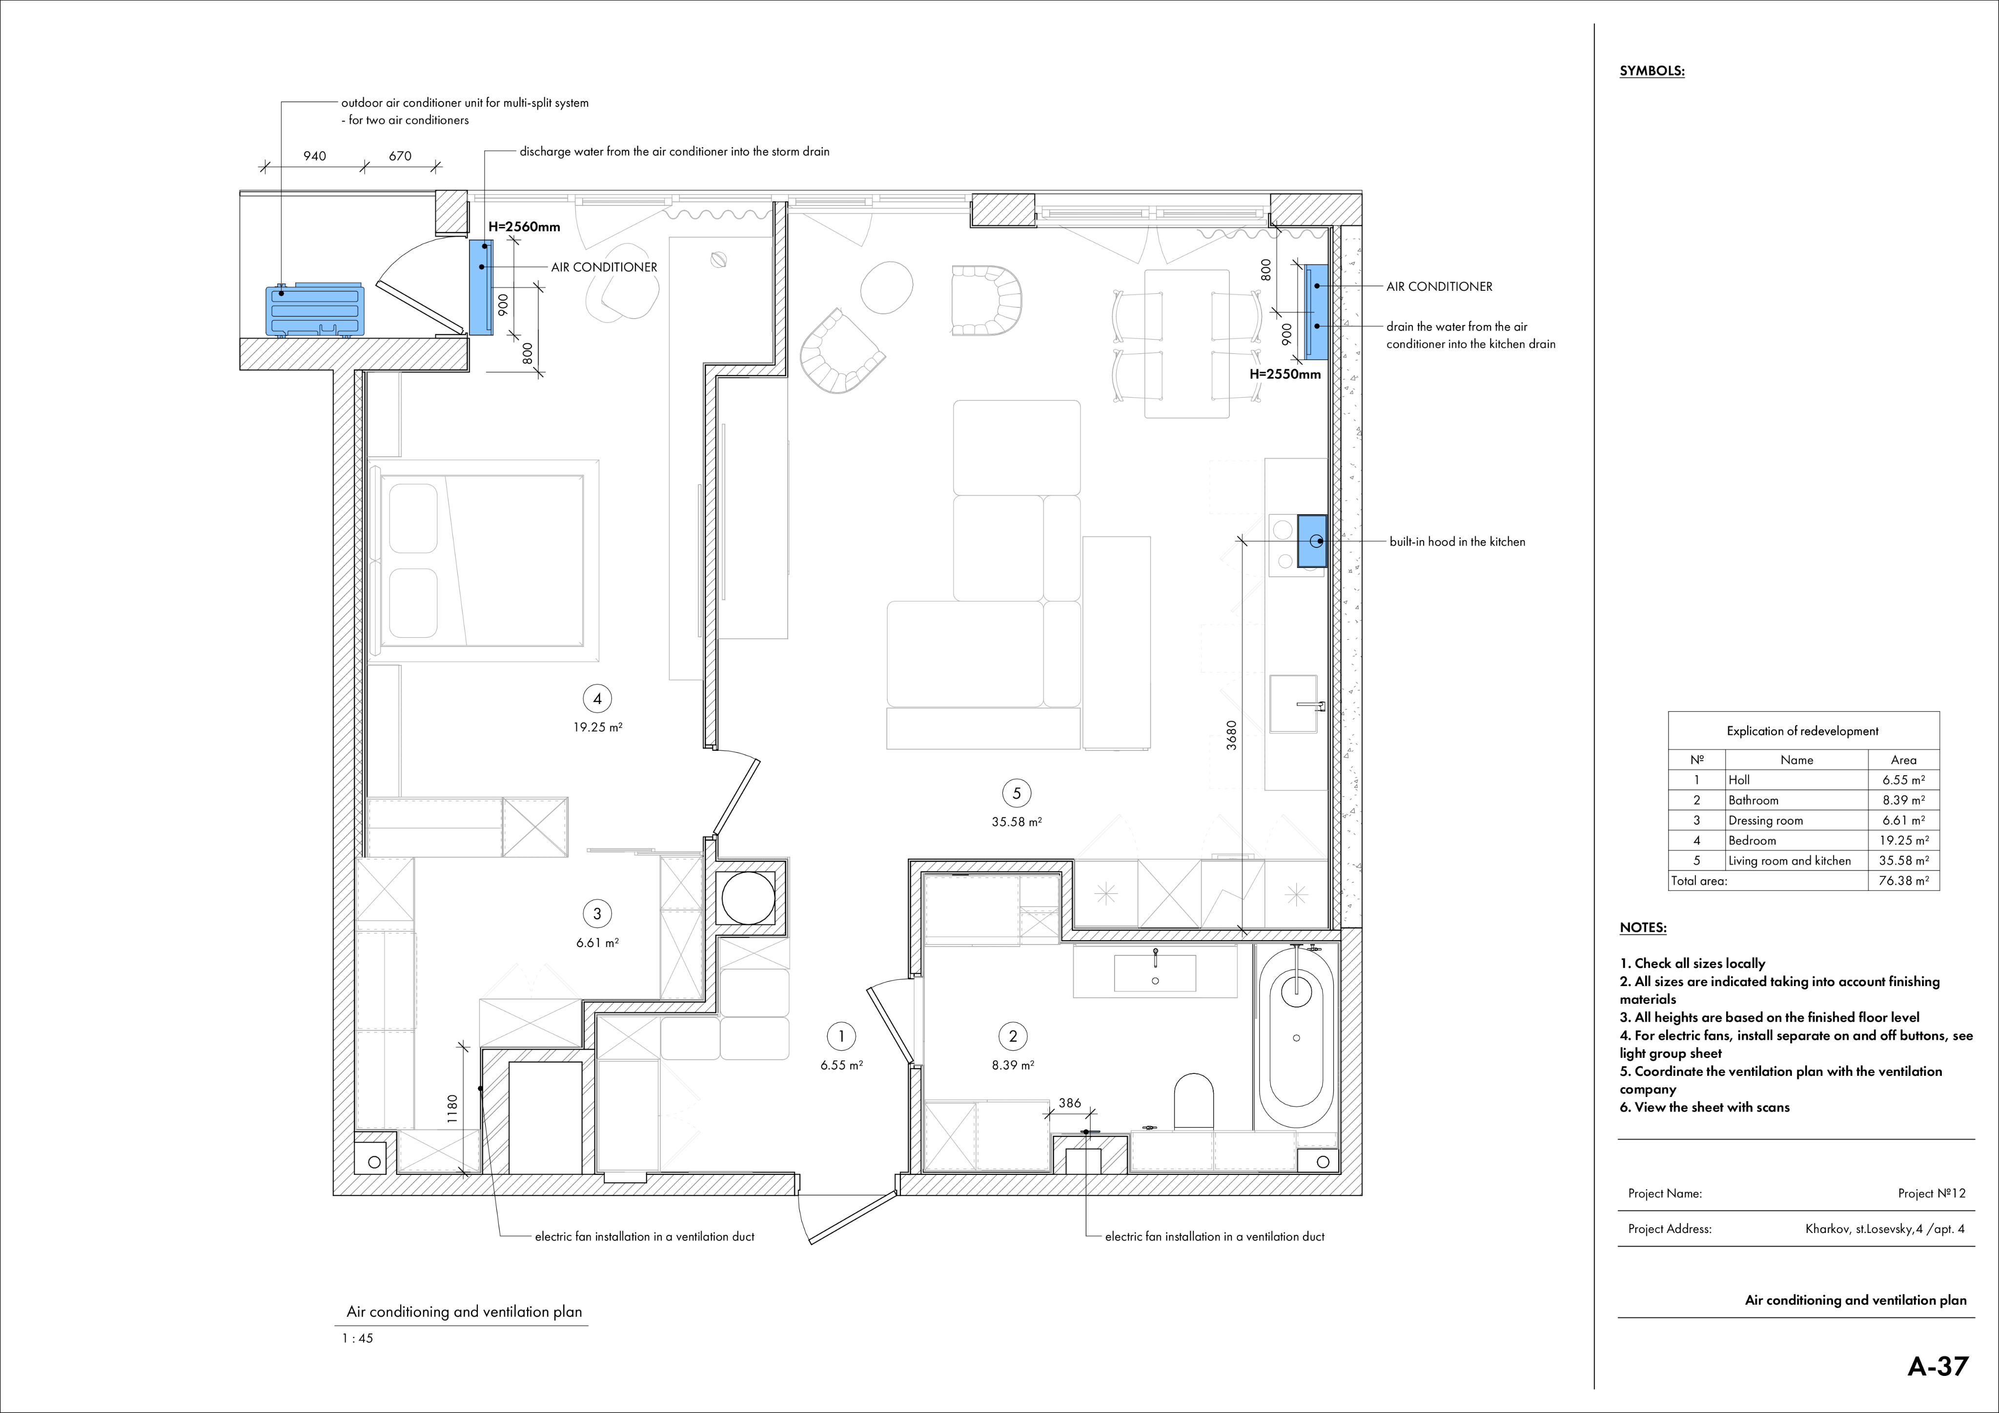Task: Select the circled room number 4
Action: click(597, 698)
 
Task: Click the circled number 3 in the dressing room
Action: click(597, 913)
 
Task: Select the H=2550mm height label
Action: click(1285, 374)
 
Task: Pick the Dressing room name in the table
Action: click(1766, 820)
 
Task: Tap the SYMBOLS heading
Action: click(1652, 71)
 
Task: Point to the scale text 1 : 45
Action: click(358, 1338)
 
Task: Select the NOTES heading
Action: click(1643, 928)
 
